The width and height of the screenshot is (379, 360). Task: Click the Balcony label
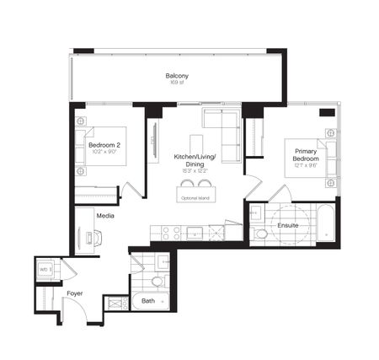click(176, 77)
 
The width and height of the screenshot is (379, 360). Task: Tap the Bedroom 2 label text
click(106, 145)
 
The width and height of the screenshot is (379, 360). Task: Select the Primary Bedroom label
click(305, 155)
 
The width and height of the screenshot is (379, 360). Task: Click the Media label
click(105, 216)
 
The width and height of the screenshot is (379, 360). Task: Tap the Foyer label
click(75, 293)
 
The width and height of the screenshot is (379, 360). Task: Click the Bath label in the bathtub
click(148, 301)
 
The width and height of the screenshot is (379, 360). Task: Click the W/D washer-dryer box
click(45, 270)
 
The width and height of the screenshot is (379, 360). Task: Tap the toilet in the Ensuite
click(261, 234)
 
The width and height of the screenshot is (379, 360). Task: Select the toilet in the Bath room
click(157, 280)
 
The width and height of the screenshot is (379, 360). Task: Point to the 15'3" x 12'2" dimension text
click(195, 171)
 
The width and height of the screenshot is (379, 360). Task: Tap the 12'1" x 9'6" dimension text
click(305, 166)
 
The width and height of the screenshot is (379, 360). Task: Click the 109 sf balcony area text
click(176, 84)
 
